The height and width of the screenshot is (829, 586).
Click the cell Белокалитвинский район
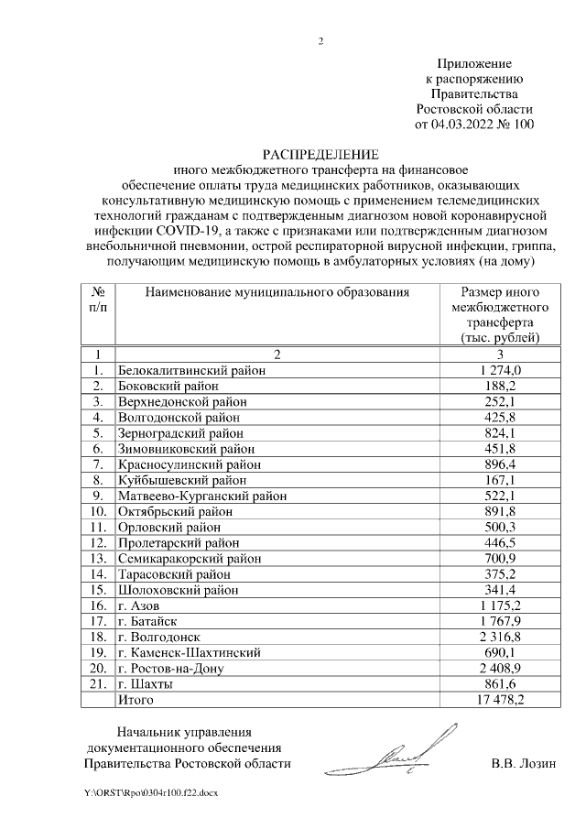tap(191, 370)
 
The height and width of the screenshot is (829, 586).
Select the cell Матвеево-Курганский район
tap(202, 496)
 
